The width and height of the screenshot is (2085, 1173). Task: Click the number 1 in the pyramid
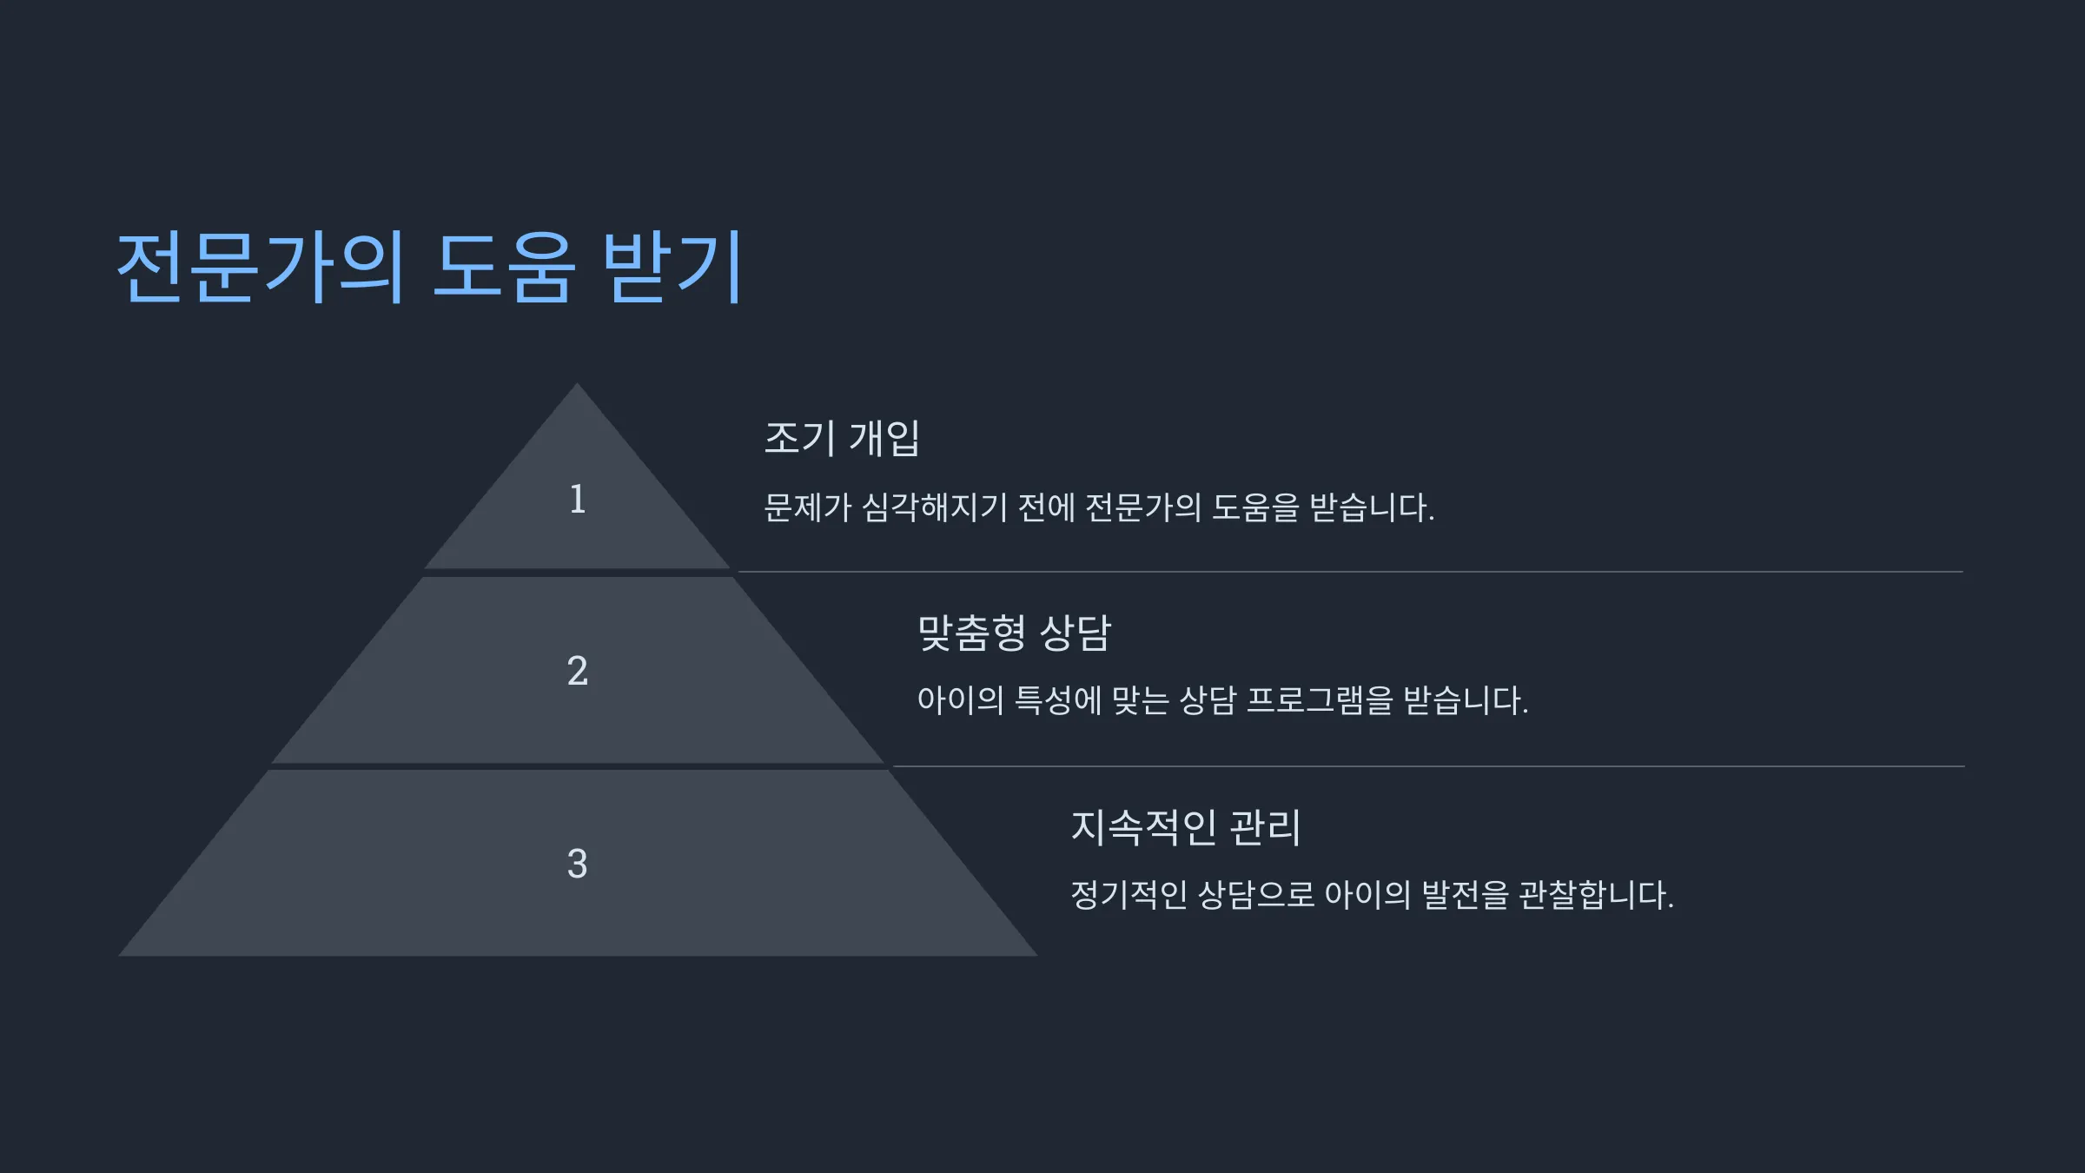pos(578,499)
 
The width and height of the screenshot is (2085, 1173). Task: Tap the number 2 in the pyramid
pos(578,670)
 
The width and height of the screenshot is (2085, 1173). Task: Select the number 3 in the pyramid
pos(578,864)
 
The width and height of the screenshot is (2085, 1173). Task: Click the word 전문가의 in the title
pos(261,267)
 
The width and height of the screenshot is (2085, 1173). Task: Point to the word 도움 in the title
pos(504,267)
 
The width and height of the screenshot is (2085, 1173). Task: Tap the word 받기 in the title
pos(672,267)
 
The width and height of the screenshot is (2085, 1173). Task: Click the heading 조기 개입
pos(842,437)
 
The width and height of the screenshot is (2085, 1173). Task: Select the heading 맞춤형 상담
pos(1015,632)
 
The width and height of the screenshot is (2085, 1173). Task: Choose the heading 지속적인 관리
pos(1186,826)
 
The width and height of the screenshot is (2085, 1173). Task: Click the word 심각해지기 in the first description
pos(934,507)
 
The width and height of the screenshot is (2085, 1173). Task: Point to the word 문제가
pos(807,507)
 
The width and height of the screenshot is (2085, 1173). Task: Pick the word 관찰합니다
pos(1596,895)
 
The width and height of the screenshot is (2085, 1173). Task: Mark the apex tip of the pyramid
pos(577,383)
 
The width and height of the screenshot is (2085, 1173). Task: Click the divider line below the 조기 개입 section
pos(1350,572)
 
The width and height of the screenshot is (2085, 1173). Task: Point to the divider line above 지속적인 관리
pos(1428,766)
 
